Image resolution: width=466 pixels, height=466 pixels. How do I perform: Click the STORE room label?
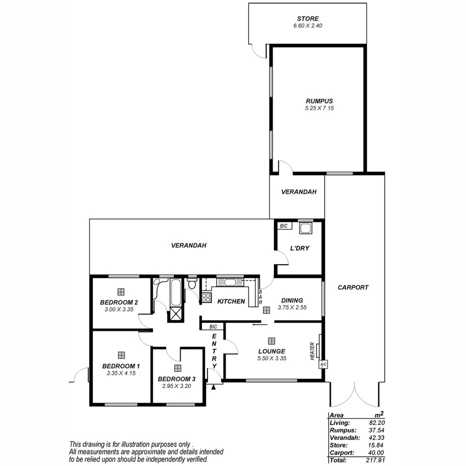tap(307, 18)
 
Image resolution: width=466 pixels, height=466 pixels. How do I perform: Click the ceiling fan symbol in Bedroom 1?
tap(121, 355)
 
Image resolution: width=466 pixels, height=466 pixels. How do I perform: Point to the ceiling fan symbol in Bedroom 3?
tap(177, 368)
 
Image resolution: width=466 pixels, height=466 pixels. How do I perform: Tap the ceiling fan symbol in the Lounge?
tap(271, 341)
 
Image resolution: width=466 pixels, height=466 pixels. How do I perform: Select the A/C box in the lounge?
tap(322, 364)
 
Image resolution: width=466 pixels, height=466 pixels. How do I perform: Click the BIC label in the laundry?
tap(284, 226)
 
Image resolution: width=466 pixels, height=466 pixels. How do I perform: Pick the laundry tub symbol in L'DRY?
tap(305, 228)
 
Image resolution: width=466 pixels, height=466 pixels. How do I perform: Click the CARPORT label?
tap(353, 287)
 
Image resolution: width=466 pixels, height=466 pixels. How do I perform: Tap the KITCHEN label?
tap(230, 301)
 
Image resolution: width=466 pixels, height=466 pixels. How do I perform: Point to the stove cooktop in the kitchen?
tap(206, 298)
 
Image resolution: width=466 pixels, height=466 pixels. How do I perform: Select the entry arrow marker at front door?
tap(214, 386)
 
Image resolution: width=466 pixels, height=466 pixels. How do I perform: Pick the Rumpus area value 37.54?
tap(376, 430)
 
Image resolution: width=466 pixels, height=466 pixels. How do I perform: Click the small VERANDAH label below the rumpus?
tap(298, 192)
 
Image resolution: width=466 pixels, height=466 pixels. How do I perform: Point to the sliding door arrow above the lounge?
tap(258, 324)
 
